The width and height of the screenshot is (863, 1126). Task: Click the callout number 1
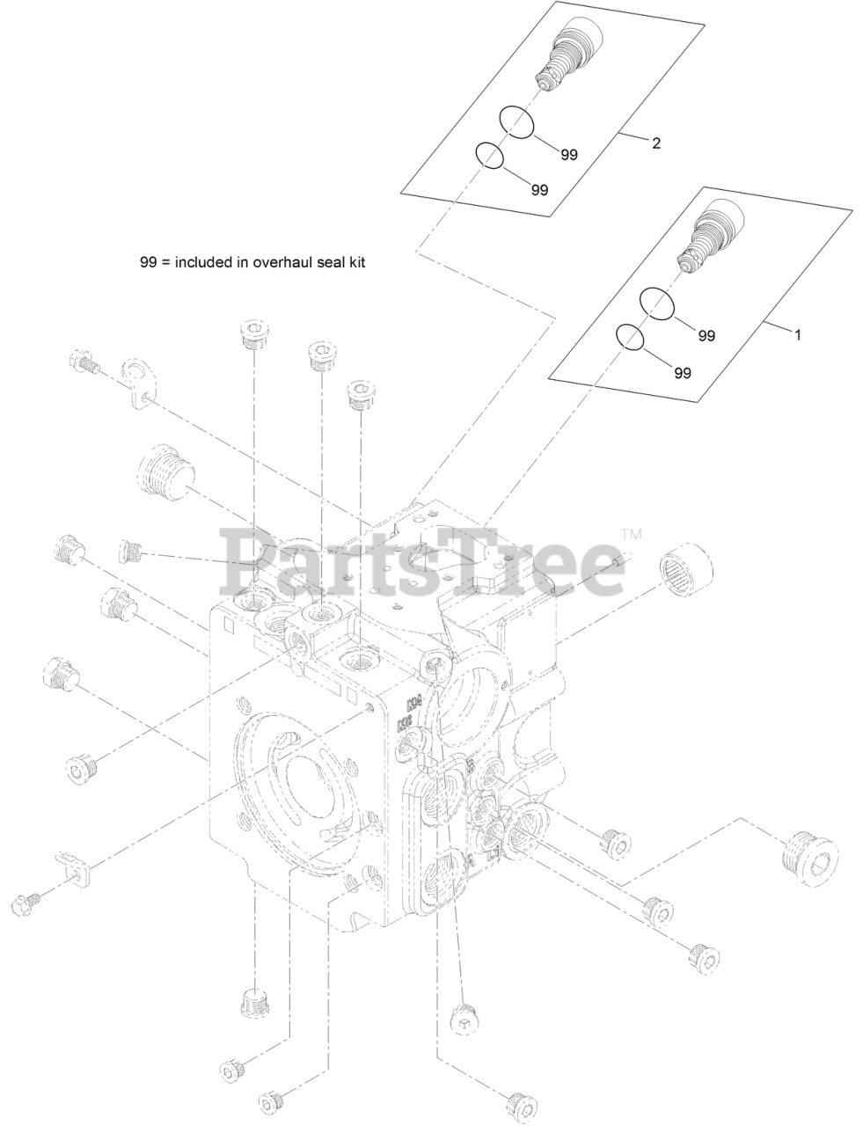pos(797,335)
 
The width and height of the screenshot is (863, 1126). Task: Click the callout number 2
pos(655,143)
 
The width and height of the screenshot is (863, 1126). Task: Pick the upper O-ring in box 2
pos(517,122)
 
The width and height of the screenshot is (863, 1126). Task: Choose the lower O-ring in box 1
pos(629,337)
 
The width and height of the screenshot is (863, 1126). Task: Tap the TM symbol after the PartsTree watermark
pos(631,534)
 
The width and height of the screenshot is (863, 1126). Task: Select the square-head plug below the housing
pos(462,1019)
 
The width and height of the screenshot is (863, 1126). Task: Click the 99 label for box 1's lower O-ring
pos(682,373)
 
